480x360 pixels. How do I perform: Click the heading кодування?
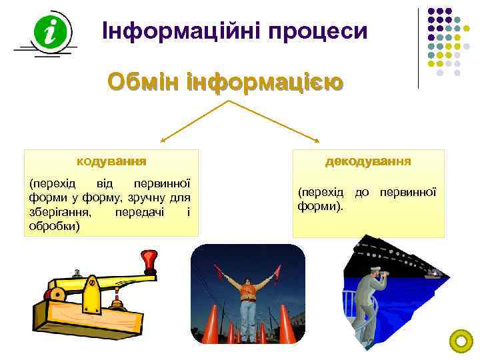tap(111, 161)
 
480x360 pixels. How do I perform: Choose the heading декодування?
tap(368, 161)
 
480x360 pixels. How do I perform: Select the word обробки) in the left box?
tap(55, 226)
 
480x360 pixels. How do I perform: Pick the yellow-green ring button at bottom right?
tap(461, 341)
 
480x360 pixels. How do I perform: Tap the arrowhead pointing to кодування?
tap(162, 141)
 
